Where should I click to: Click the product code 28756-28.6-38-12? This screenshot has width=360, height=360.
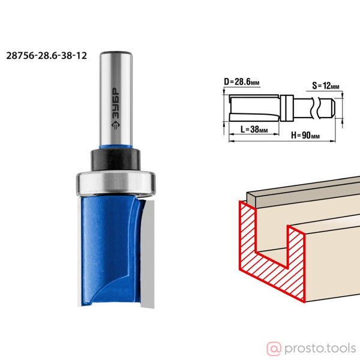point(46,56)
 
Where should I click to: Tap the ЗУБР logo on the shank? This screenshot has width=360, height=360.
point(116,109)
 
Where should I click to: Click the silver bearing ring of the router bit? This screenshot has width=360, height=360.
point(116,183)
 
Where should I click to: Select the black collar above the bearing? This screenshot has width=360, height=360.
point(116,160)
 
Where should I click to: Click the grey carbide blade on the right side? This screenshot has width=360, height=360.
point(148,254)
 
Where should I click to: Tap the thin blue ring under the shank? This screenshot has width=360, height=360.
point(116,147)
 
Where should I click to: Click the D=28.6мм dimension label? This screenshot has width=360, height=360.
point(242,82)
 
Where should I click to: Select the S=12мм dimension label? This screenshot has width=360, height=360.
point(326,86)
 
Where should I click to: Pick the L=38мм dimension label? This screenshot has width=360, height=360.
point(254,130)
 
